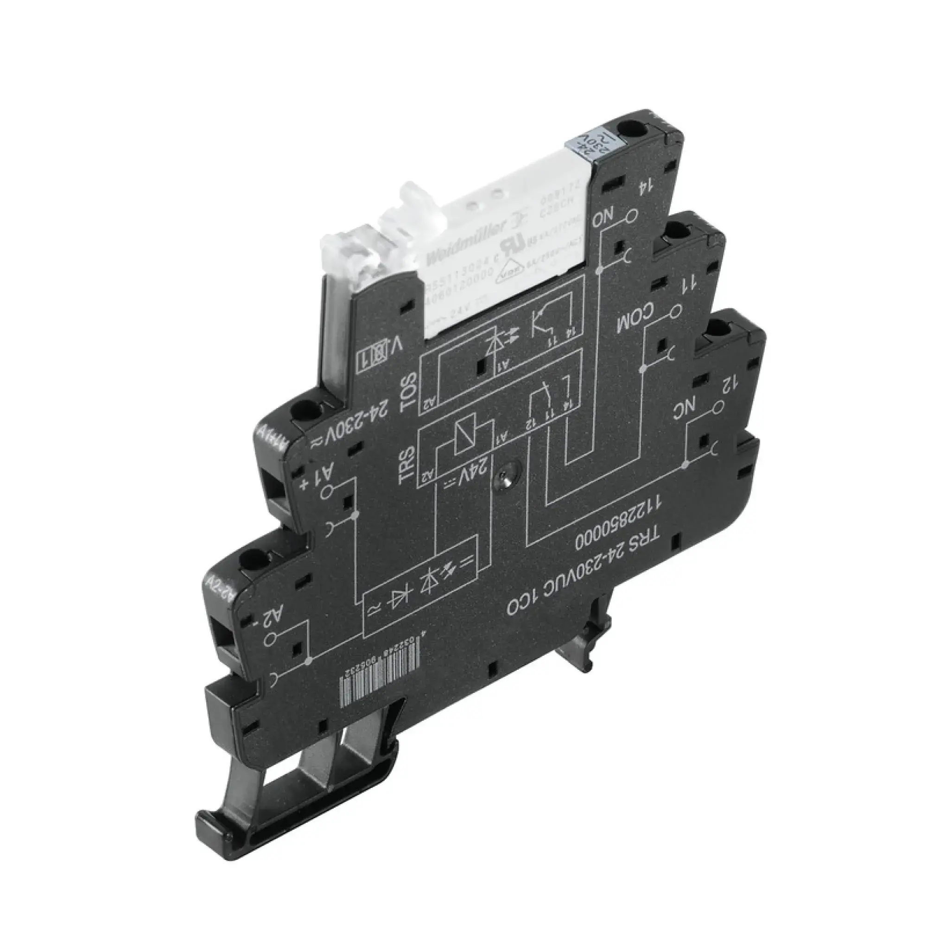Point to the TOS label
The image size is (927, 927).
click(x=409, y=389)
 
